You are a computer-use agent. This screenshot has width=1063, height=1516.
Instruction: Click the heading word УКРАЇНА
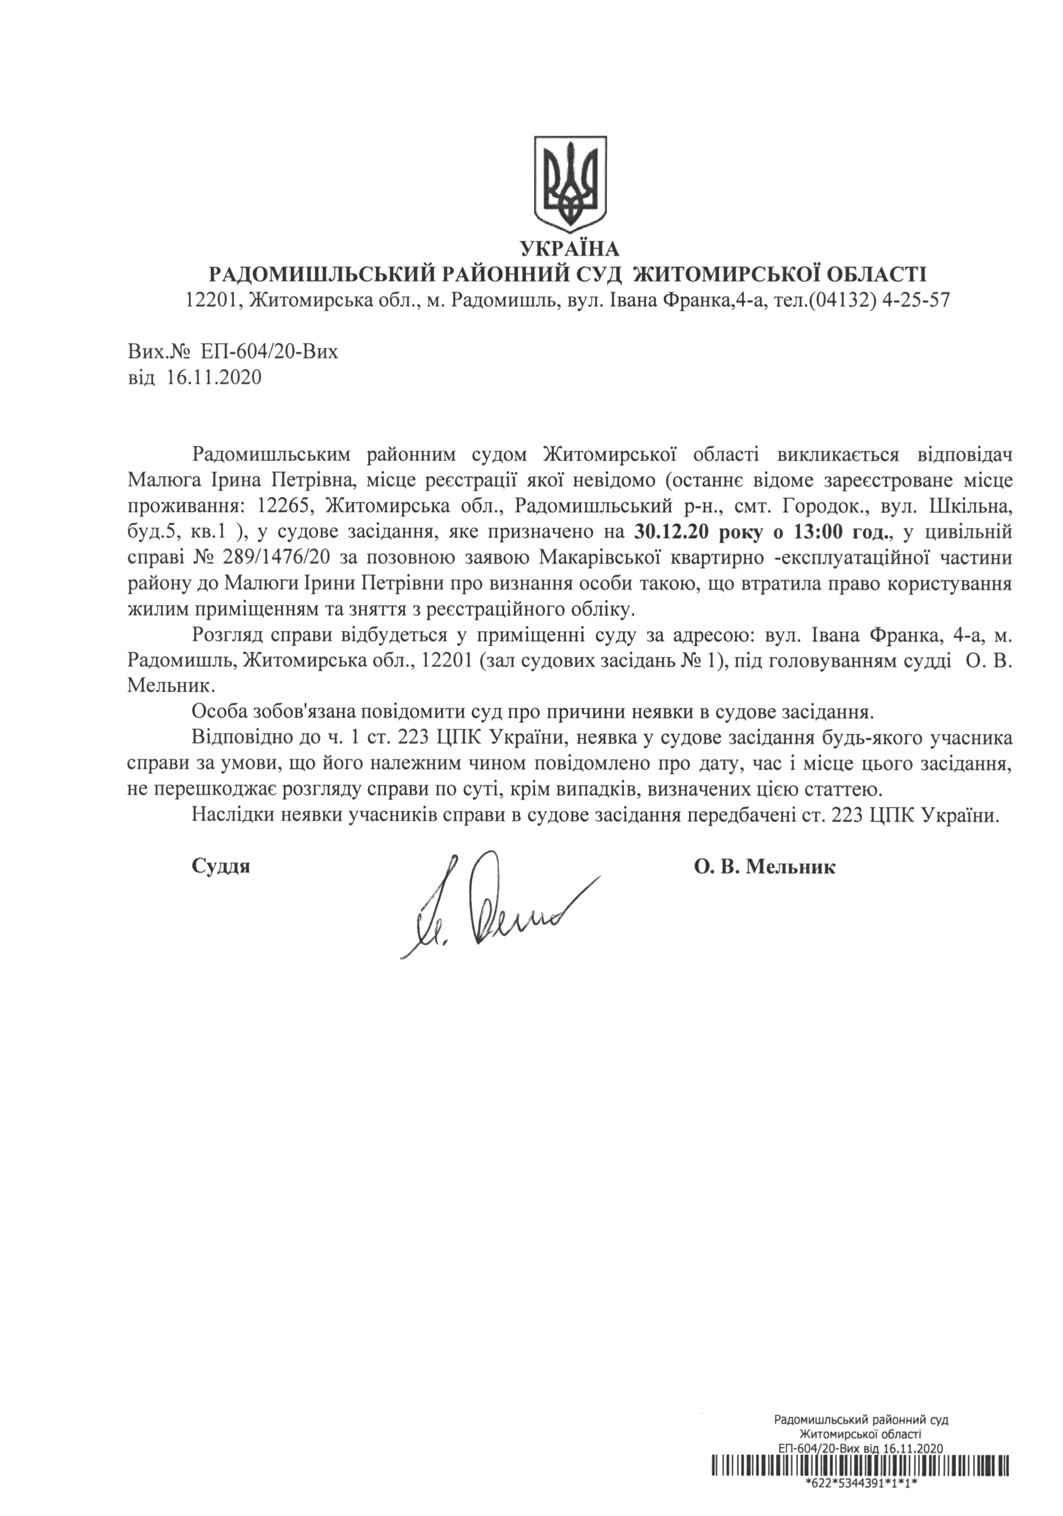click(570, 249)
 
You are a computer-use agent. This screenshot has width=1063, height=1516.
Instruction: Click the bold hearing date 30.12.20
click(670, 530)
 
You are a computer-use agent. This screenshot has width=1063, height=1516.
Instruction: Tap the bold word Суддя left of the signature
click(221, 866)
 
